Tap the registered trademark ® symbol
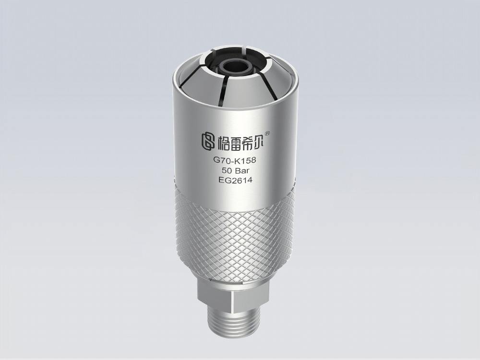267,133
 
